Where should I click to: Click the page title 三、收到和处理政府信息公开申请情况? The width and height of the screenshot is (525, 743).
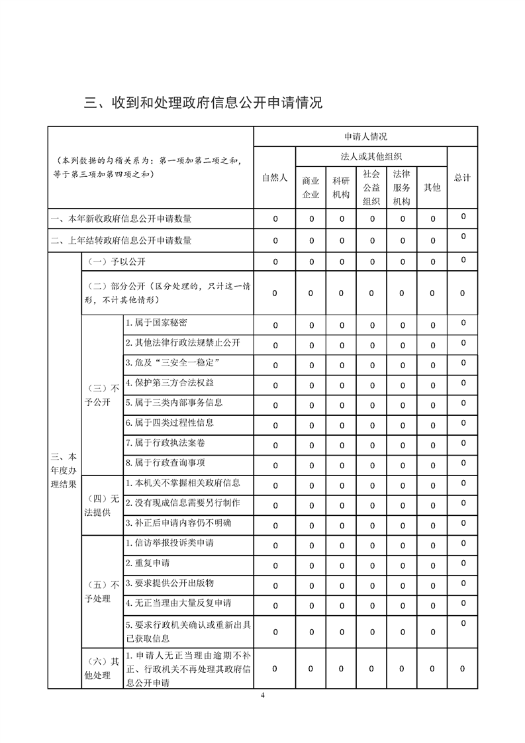click(203, 103)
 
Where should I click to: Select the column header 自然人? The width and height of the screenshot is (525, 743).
click(275, 178)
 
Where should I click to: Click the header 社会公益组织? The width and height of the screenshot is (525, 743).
click(371, 187)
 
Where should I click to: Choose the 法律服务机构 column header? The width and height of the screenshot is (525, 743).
click(402, 187)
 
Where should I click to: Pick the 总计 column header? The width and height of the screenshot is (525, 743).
click(462, 178)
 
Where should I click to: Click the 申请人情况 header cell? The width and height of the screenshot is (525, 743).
click(365, 136)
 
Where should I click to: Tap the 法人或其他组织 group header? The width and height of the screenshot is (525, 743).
click(371, 156)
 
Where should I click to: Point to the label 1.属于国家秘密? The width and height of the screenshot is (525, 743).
click(156, 322)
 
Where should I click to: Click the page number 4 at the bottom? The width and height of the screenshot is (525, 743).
click(263, 695)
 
